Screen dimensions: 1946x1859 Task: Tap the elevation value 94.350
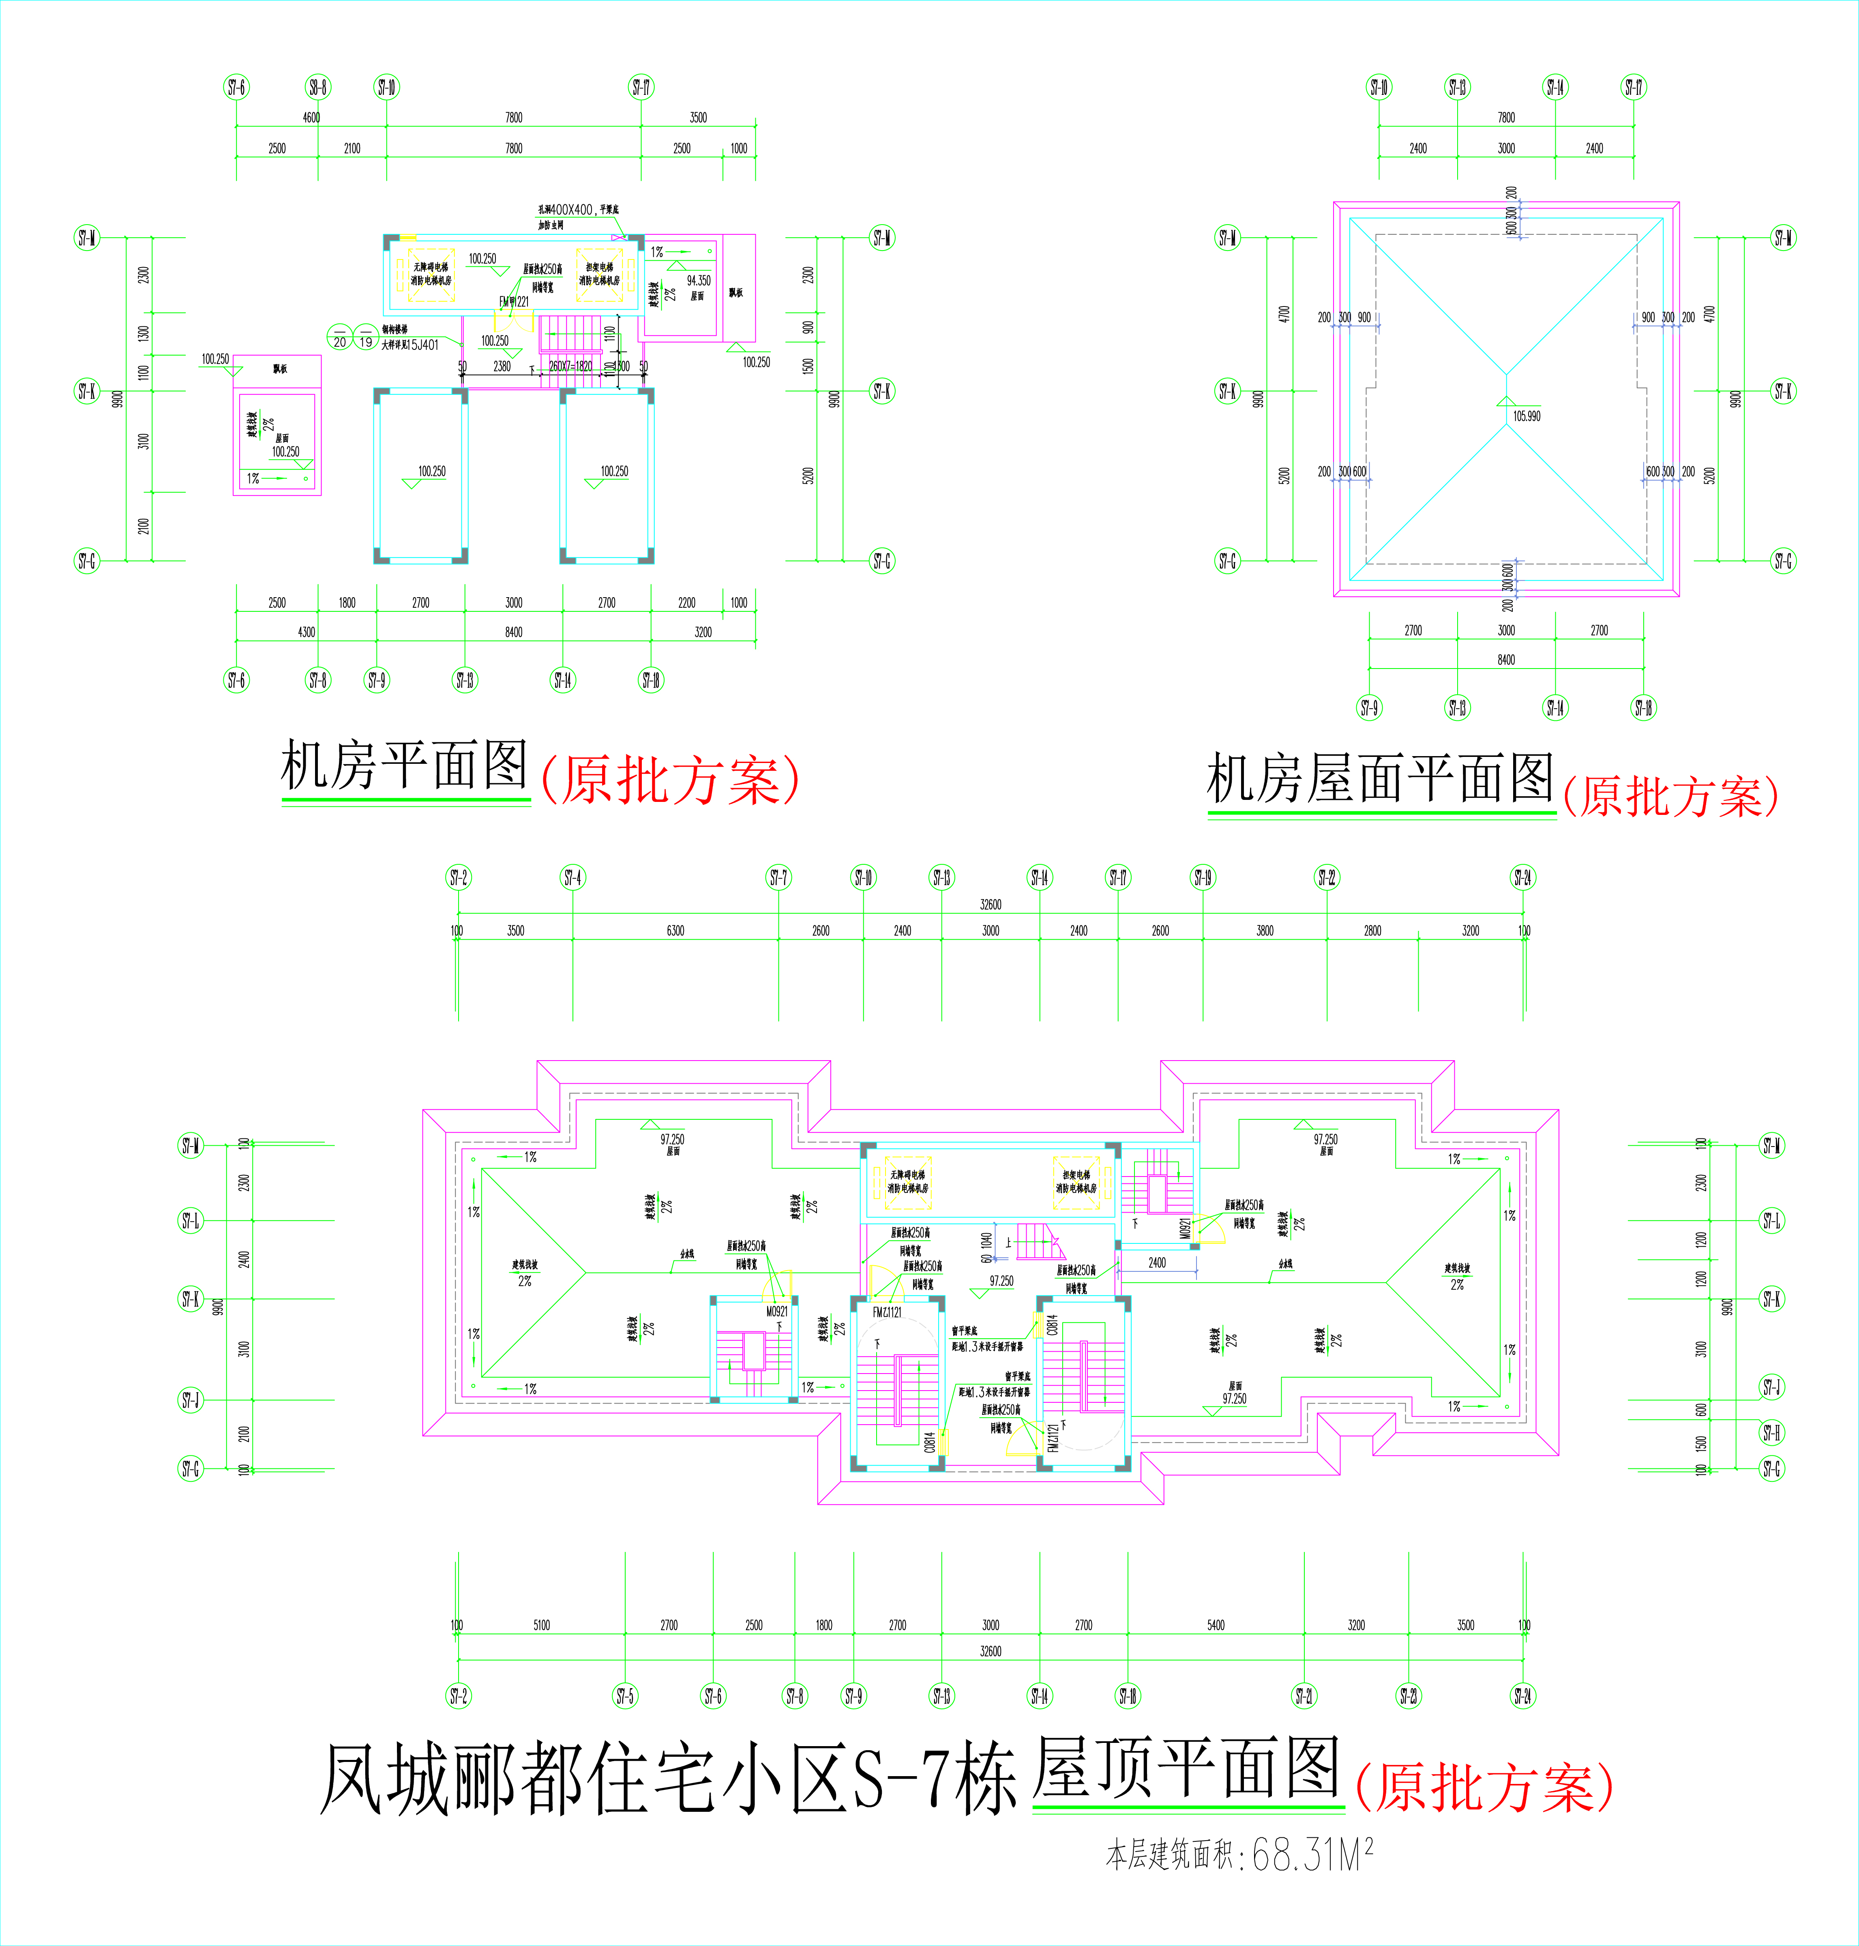pos(699,281)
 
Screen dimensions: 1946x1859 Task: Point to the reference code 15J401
pos(423,345)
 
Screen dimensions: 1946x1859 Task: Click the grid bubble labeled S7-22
pos(1327,878)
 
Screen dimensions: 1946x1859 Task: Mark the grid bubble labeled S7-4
pos(573,878)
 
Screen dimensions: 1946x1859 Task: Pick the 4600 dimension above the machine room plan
pos(311,118)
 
